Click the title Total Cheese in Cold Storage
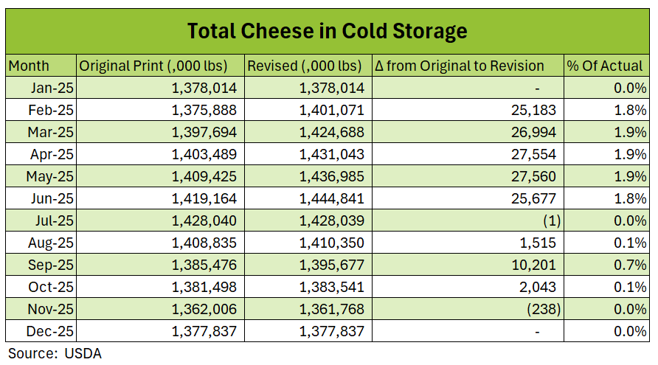(x=327, y=31)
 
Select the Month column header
(x=29, y=66)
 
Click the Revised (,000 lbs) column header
(x=304, y=66)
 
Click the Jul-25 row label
(x=52, y=220)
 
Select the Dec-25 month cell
(x=52, y=331)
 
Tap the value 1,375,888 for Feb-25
(x=204, y=110)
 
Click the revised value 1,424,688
(x=332, y=132)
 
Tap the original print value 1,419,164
(x=204, y=198)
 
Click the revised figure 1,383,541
(x=332, y=287)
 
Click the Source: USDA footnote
(x=55, y=353)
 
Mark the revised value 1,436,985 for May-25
(x=332, y=176)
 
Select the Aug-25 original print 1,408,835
(x=204, y=243)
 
